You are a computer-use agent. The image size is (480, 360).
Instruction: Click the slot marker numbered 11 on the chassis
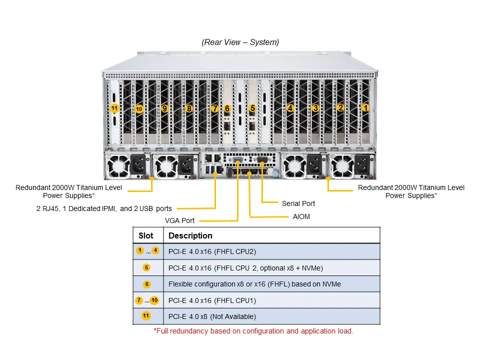(114, 108)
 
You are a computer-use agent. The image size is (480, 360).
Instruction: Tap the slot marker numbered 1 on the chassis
(365, 107)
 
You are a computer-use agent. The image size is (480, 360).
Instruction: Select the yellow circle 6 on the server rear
(227, 108)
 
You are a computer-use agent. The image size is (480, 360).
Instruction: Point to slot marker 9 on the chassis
(164, 108)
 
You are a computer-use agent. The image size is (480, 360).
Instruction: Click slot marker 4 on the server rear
(290, 107)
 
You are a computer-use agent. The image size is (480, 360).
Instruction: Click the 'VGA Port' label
(180, 220)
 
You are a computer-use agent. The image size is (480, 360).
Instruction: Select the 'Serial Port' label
(298, 203)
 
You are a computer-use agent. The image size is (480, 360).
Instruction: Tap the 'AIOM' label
(301, 217)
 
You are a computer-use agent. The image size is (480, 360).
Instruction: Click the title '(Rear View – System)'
(240, 42)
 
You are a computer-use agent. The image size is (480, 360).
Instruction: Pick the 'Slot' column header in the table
(146, 235)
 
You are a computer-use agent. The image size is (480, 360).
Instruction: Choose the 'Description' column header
(190, 235)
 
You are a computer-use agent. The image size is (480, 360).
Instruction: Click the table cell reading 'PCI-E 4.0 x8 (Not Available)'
(212, 316)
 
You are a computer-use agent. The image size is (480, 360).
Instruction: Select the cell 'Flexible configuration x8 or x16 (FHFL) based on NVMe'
(254, 284)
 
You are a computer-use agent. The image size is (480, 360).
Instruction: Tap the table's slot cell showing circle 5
(146, 267)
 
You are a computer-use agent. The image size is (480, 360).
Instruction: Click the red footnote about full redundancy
(253, 331)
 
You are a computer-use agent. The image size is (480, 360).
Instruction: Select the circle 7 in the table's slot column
(138, 300)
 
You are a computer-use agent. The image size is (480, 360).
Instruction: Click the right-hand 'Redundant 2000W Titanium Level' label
(411, 187)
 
